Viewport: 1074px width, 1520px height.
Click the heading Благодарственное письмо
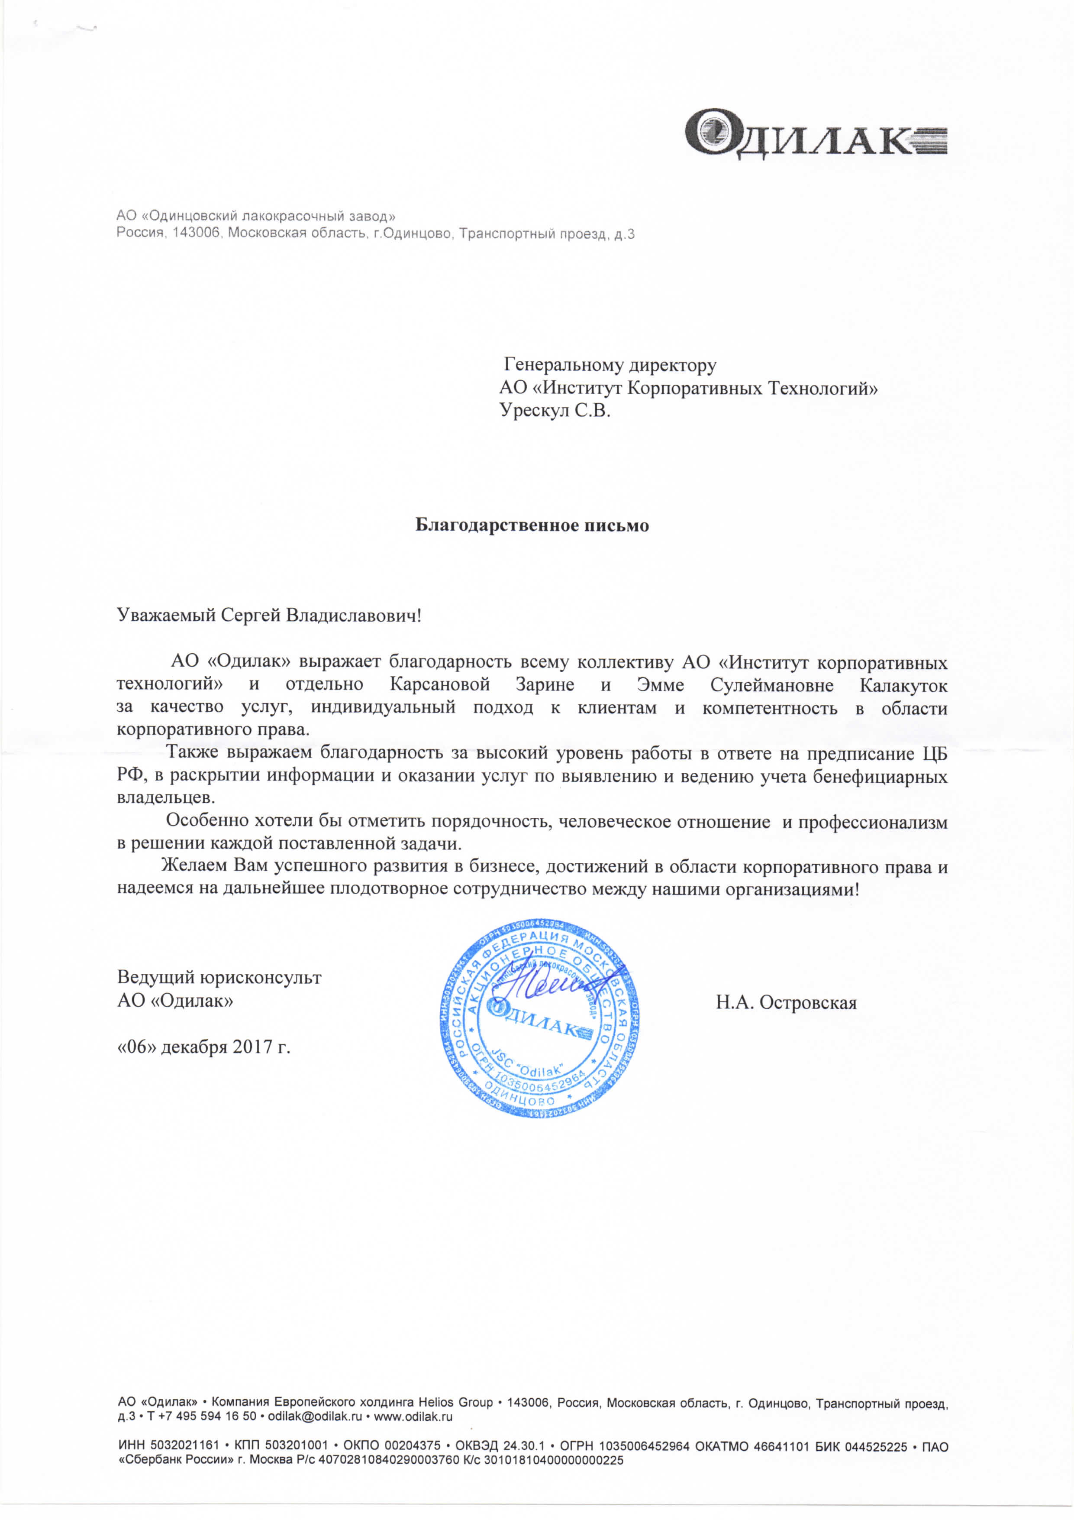click(x=532, y=525)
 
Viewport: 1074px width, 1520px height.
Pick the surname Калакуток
click(x=903, y=684)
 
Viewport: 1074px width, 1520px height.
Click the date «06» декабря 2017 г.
click(x=204, y=1047)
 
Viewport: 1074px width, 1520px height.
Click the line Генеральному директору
click(x=610, y=365)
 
